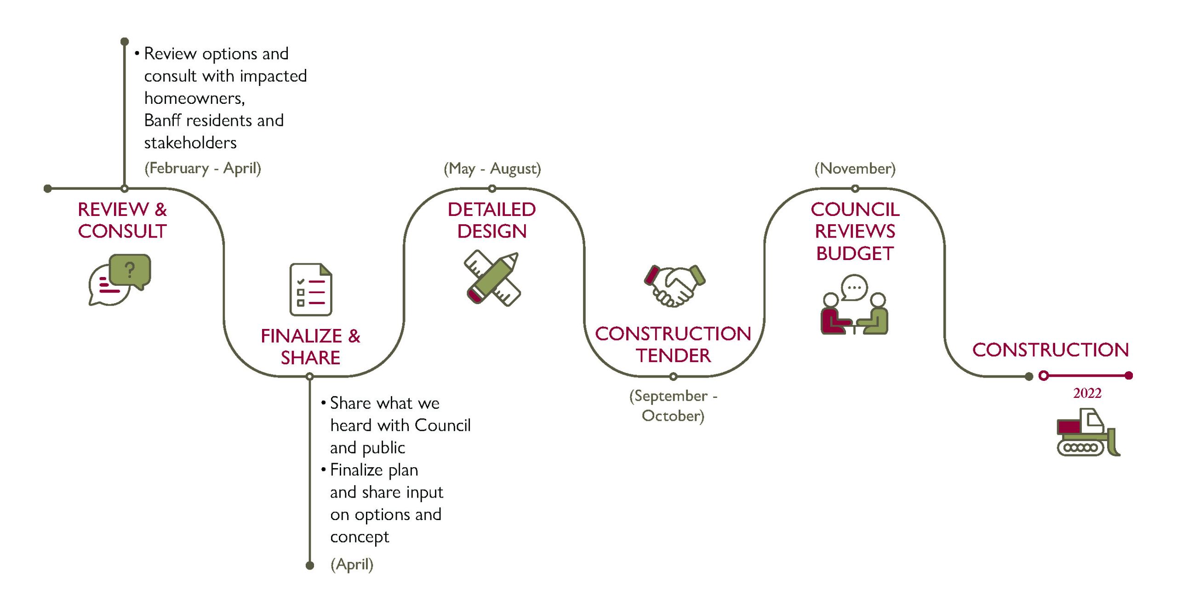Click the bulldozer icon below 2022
pos(1088,432)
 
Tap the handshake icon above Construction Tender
pos(674,285)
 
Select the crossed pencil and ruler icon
pos(492,278)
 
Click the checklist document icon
pos(311,289)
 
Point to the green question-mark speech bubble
pos(130,270)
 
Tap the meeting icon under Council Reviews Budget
pos(854,305)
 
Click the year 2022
pos(1087,393)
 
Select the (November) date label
pos(855,169)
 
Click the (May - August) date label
pos(492,169)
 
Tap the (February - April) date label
pos(203,168)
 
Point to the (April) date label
pos(352,564)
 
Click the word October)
pos(673,416)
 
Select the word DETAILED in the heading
pos(491,210)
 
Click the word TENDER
pos(673,356)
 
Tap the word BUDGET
pos(855,253)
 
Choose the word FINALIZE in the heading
pos(301,336)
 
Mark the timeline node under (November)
pos(855,188)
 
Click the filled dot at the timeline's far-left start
pos(47,188)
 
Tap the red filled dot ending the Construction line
pos(1129,376)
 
